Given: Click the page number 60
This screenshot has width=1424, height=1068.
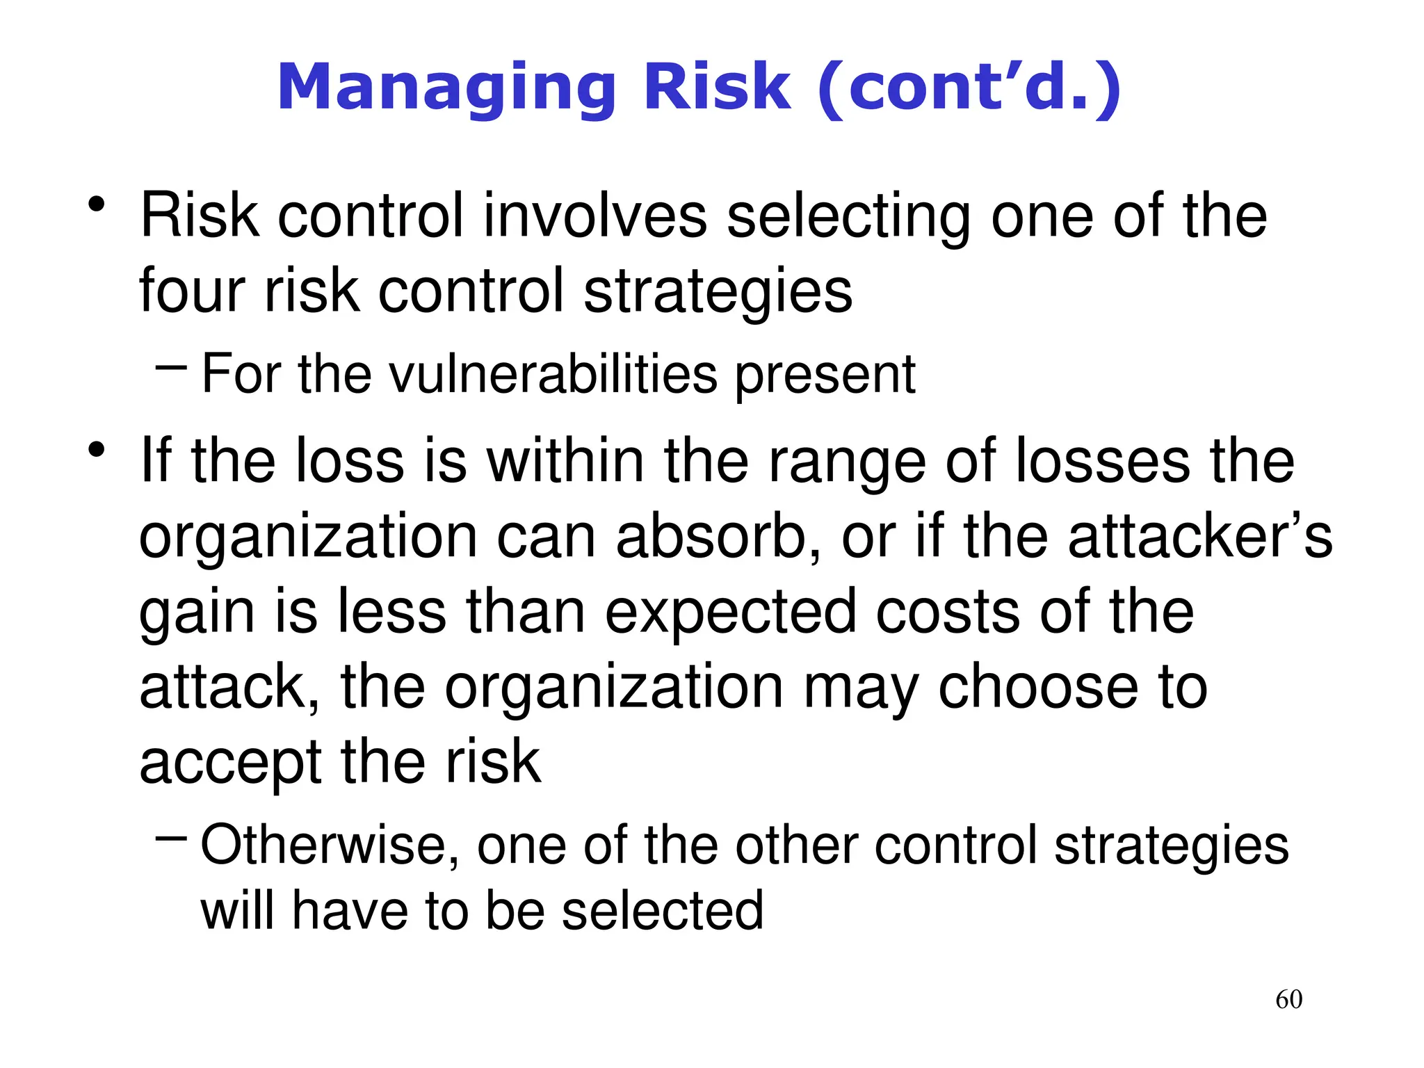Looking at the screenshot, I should click(x=1288, y=999).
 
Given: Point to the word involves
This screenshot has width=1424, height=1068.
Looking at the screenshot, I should click(x=595, y=216).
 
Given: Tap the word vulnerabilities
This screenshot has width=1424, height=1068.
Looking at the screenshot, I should click(x=553, y=374).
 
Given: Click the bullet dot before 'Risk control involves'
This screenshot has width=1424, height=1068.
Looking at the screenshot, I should click(x=96, y=205).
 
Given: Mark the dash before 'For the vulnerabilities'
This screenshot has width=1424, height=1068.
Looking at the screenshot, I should click(x=171, y=366).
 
